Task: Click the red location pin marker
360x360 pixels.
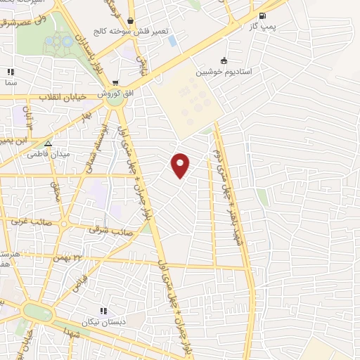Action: [x=181, y=165]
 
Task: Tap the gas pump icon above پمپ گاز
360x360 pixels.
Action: [x=262, y=17]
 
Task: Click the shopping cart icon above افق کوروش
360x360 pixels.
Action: [x=115, y=82]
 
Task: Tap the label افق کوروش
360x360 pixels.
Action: [x=115, y=94]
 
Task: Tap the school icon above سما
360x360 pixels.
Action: [x=11, y=71]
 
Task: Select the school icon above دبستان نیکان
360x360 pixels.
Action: [x=103, y=311]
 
